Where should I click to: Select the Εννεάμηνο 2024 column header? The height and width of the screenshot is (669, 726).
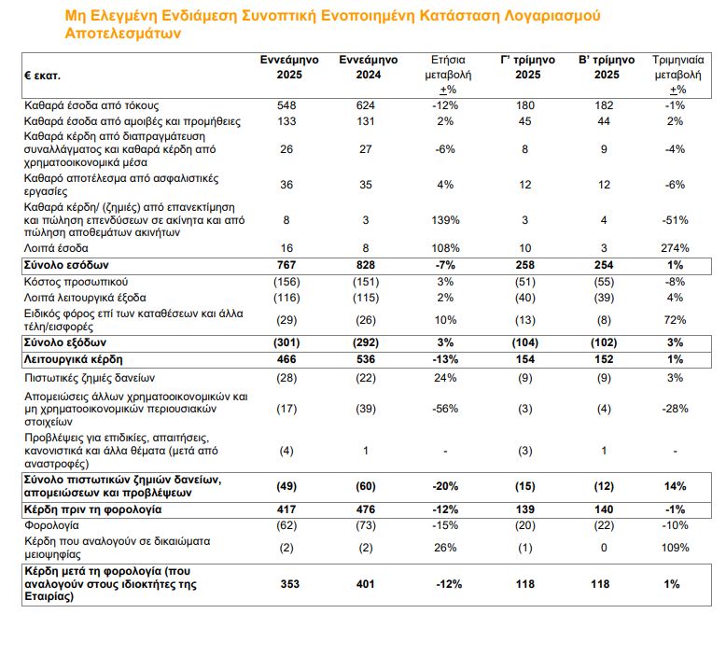pyautogui.click(x=366, y=67)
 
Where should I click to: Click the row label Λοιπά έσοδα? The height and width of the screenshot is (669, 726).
pyautogui.click(x=57, y=249)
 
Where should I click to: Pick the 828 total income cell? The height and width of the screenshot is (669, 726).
pyautogui.click(x=366, y=266)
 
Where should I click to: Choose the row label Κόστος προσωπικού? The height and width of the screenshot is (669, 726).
pyautogui.click(x=76, y=282)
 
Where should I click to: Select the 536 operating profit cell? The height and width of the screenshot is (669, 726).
pyautogui.click(x=366, y=358)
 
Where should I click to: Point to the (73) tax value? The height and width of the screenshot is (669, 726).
pyautogui.click(x=366, y=526)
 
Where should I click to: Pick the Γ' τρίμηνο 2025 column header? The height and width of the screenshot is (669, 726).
pyautogui.click(x=528, y=67)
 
